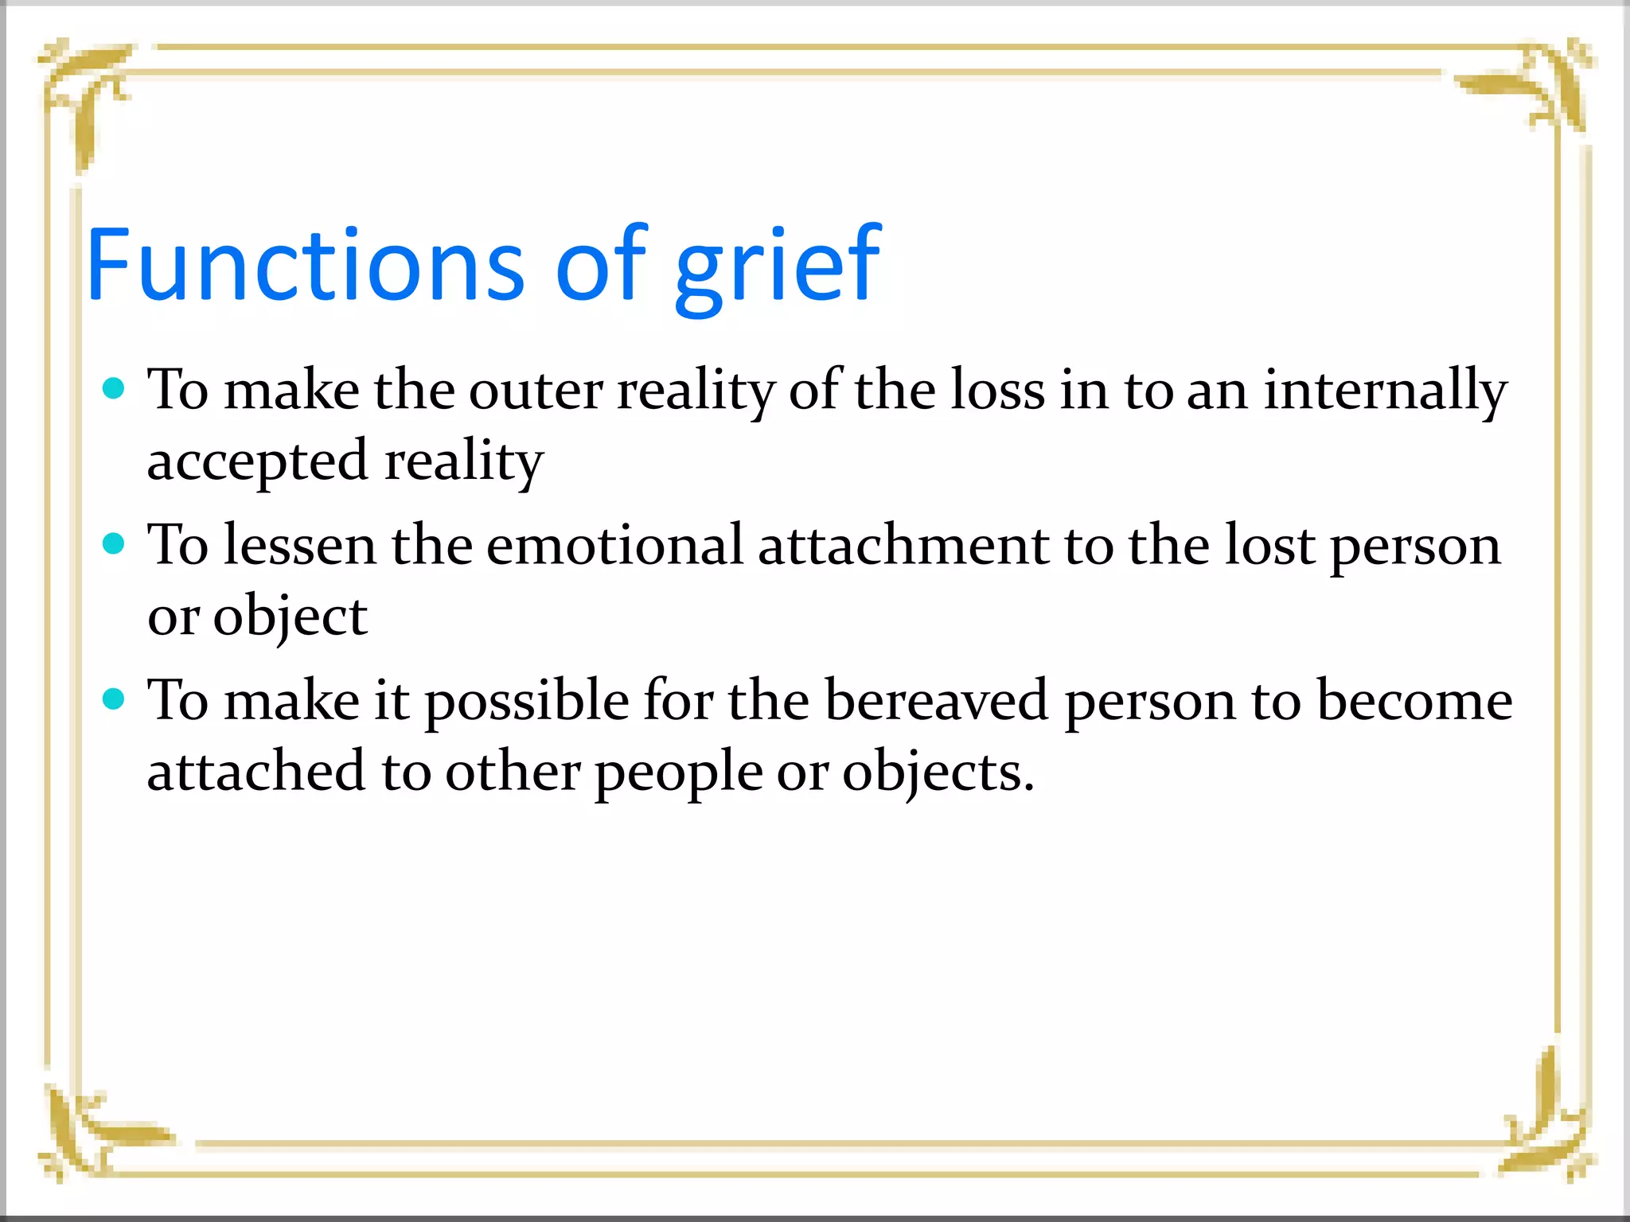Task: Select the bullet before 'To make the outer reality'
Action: pos(115,388)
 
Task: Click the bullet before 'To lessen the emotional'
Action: pos(115,543)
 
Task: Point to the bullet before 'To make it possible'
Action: pos(115,699)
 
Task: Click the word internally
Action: pos(1385,390)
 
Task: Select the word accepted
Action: pos(257,461)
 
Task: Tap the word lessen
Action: pos(299,545)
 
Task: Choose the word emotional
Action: pos(614,545)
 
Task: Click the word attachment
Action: pos(903,545)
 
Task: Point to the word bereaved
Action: pos(936,700)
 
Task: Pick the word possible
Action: pos(527,702)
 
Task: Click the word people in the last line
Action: pos(678,773)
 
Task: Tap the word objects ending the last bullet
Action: pos(938,773)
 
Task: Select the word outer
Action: pos(535,390)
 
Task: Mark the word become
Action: pos(1414,700)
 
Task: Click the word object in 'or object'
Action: pos(290,617)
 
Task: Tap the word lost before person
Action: pos(1269,545)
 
